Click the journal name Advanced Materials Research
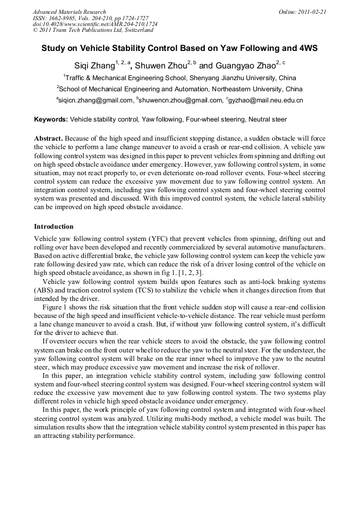pos(69,12)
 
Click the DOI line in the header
pos(95,24)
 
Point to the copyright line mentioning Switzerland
pos(89,30)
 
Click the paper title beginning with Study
pos(179,48)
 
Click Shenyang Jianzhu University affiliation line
pos(181,78)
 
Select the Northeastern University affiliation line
pos(181,89)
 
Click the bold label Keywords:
pos(51,120)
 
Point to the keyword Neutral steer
pos(268,120)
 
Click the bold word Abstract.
pos(49,139)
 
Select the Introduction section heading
pos(54,227)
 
